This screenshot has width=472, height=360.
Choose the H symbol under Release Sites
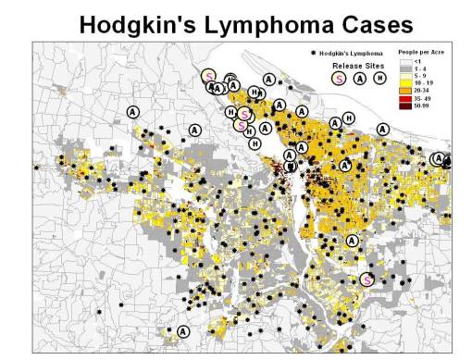tap(379, 80)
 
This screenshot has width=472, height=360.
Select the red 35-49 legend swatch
tap(405, 100)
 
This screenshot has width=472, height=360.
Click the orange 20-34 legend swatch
tap(405, 91)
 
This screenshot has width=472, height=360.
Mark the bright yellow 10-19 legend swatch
tap(405, 81)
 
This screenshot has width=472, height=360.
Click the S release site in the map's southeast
tap(366, 279)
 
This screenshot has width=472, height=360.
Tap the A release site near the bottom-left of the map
tap(182, 331)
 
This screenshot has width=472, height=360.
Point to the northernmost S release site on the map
tap(210, 76)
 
